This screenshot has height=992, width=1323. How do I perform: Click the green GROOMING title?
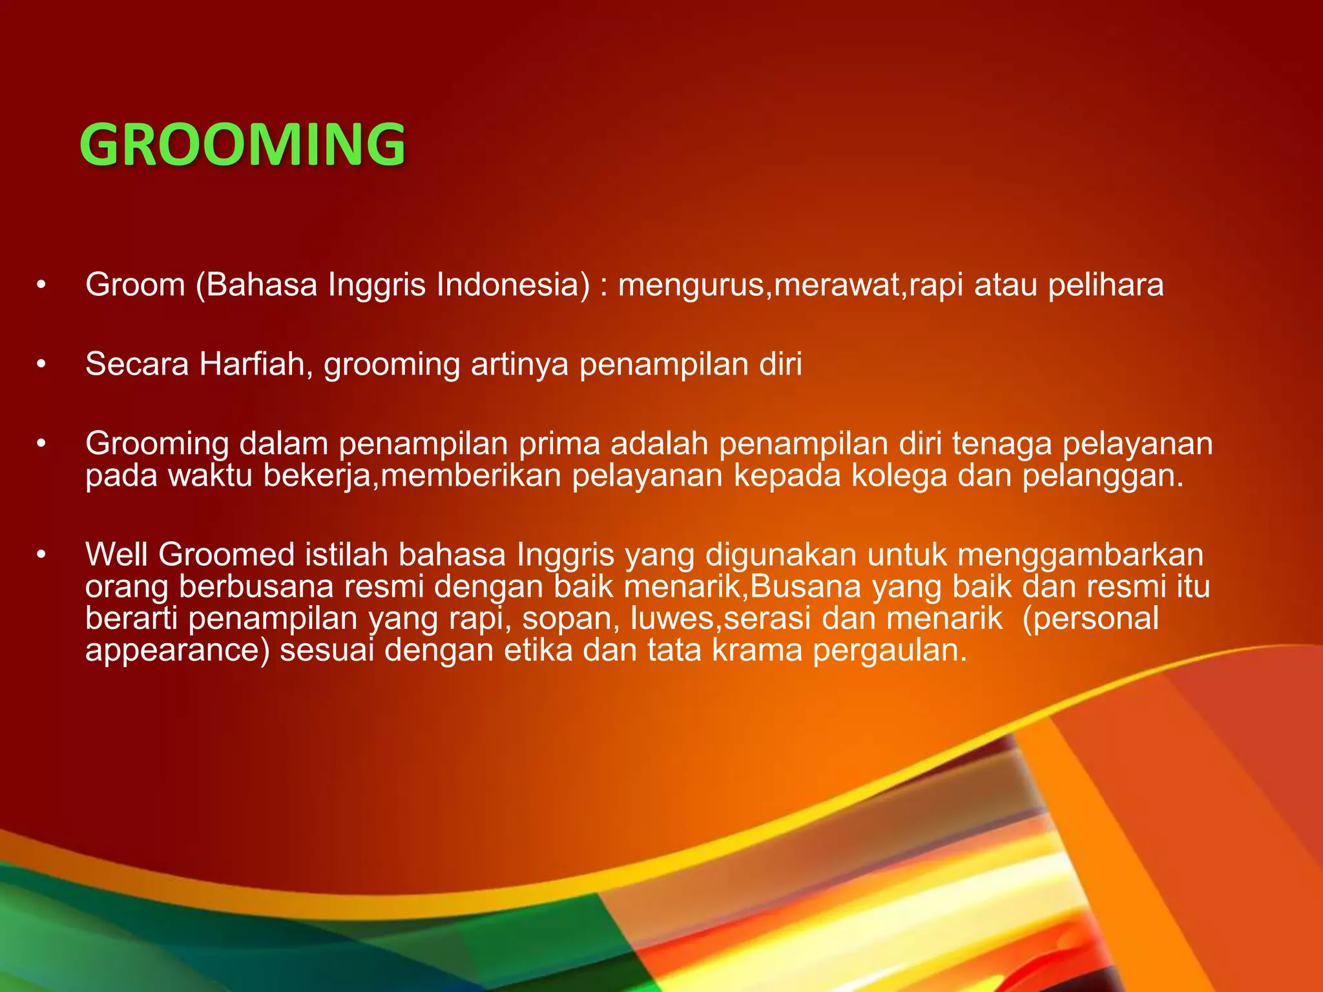click(x=242, y=145)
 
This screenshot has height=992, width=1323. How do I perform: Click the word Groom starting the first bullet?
click(x=135, y=285)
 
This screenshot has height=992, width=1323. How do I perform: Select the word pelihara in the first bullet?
click(x=1105, y=285)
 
